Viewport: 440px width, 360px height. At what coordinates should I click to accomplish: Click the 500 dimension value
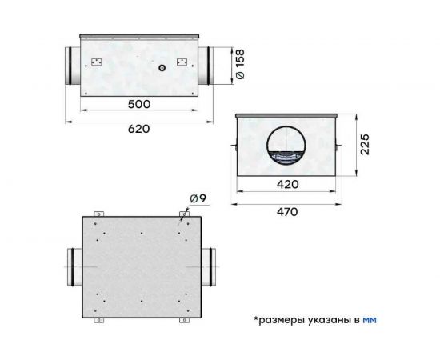(139, 104)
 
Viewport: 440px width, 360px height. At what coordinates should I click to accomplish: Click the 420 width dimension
(286, 185)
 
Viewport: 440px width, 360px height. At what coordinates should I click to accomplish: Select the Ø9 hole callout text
(198, 199)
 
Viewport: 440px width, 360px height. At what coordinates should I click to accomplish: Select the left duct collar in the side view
(70, 66)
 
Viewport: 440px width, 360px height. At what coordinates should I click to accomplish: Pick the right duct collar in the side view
(206, 66)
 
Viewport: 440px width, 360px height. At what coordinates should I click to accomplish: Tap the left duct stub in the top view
(70, 267)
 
